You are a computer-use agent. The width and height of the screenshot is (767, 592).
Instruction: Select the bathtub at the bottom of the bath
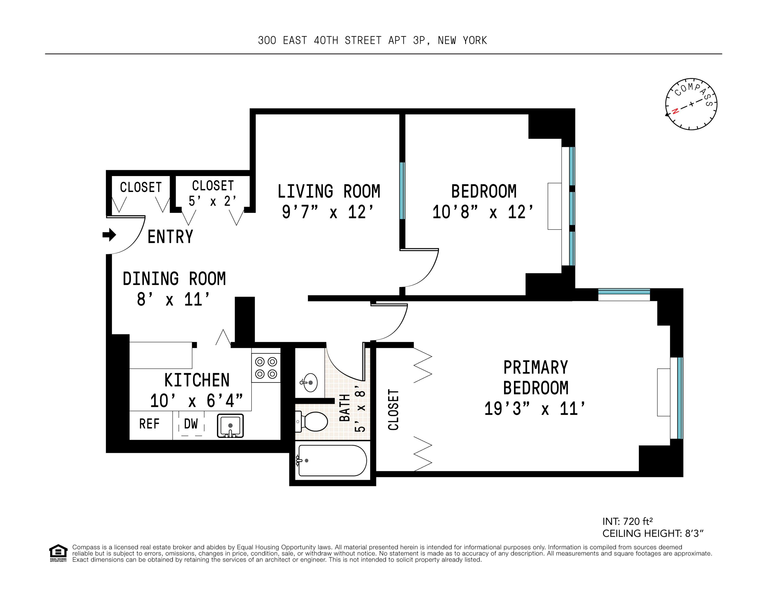pyautogui.click(x=332, y=460)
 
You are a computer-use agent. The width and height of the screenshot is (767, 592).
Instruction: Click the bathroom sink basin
pyautogui.click(x=310, y=382)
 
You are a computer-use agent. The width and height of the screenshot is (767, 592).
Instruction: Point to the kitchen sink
pyautogui.click(x=230, y=426)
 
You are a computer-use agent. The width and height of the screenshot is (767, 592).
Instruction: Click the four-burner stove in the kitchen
pyautogui.click(x=266, y=368)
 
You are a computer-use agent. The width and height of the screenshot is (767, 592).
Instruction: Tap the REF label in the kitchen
pyautogui.click(x=149, y=424)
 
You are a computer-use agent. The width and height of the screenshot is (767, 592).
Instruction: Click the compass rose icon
pyautogui.click(x=691, y=104)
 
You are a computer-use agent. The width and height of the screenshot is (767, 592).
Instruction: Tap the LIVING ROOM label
pyautogui.click(x=329, y=192)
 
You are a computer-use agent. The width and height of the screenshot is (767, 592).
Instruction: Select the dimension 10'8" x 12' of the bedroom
pyautogui.click(x=483, y=212)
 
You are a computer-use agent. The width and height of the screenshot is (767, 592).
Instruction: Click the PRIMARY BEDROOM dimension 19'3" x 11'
pyautogui.click(x=535, y=409)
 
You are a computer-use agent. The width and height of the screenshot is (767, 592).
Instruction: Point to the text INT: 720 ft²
pyautogui.click(x=628, y=522)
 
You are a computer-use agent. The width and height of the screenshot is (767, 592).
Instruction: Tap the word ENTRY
pyautogui.click(x=170, y=237)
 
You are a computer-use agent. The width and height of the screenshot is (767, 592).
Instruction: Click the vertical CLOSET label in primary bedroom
pyautogui.click(x=393, y=410)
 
